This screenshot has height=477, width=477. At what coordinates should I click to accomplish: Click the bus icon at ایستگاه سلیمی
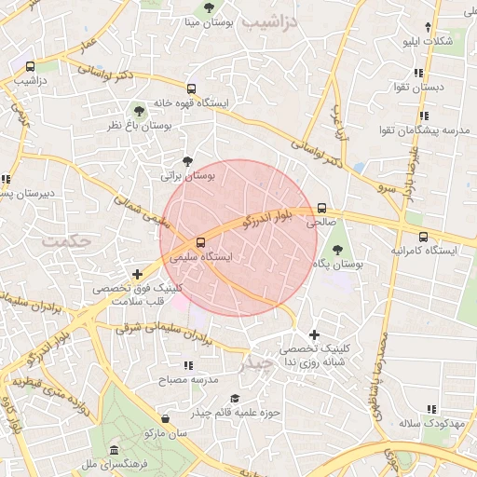[x=201, y=239]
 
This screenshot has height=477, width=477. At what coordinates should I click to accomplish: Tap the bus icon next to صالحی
[x=322, y=208]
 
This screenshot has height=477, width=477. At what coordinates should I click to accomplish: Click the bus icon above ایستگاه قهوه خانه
[x=191, y=89]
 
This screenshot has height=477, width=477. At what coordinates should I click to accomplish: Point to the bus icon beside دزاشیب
[x=32, y=66]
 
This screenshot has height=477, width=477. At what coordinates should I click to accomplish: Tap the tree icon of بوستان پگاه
[x=336, y=249]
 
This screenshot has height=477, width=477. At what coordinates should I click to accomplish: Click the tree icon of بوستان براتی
[x=188, y=160]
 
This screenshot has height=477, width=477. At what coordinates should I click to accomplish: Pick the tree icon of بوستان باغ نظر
[x=139, y=111]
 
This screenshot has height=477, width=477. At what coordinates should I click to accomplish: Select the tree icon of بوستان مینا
[x=208, y=7]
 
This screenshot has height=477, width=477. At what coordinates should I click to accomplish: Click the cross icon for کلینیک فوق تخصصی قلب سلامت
[x=138, y=274]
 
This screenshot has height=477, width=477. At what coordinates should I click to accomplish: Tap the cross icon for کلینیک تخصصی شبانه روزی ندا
[x=313, y=334]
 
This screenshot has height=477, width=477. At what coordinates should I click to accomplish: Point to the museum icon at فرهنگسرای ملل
[x=114, y=450]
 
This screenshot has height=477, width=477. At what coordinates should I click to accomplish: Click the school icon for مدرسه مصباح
[x=188, y=365]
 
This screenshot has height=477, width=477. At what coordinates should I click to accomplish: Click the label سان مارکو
[x=166, y=434]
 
